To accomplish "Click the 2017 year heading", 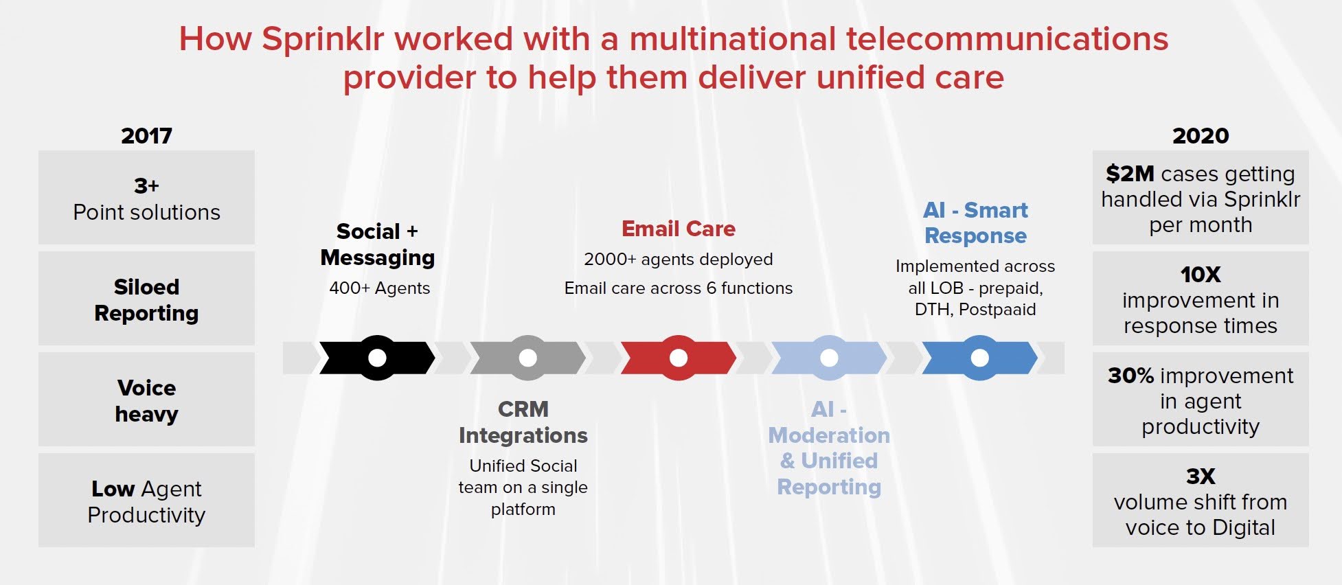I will coord(146,136).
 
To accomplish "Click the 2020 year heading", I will coord(1200,136).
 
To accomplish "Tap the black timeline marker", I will coord(377,358).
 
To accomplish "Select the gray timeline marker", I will coord(527,358).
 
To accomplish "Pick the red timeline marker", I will coord(678,358).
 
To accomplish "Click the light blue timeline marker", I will coord(829,358).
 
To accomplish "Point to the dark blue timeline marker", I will coord(979,358).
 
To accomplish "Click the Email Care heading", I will coord(678,229).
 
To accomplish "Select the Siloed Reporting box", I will coord(146,299).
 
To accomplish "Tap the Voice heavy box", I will coord(146,400).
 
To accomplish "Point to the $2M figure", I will coord(1130,174).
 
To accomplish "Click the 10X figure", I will coord(1200,275).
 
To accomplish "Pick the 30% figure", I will coord(1130,376).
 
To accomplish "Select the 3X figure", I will coord(1200,476).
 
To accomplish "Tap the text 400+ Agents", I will coord(379,288).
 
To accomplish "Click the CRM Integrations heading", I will coord(523,422).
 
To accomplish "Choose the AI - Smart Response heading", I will coord(975,222).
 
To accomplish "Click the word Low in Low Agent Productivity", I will coord(113,489).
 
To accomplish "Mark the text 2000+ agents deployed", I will coord(678,260).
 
